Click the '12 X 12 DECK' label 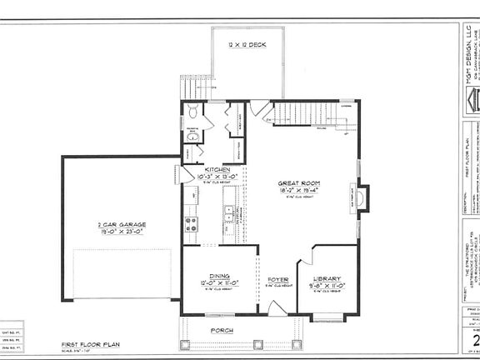(246, 45)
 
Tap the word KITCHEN (207, 169)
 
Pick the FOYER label (277, 280)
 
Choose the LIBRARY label (326, 279)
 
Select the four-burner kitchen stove (191, 222)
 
